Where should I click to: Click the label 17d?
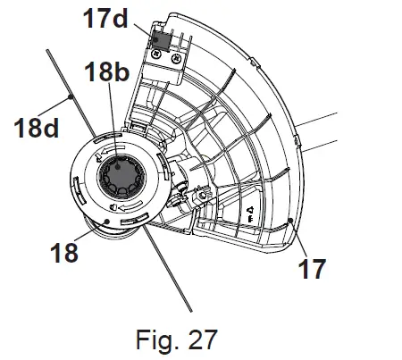point(105,18)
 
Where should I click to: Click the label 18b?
point(107,71)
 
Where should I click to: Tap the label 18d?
point(37,128)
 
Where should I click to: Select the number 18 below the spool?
point(64,253)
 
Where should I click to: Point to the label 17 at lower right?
point(312,269)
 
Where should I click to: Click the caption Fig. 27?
point(177,339)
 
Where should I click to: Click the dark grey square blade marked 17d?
point(161,40)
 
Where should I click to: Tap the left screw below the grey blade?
point(156,54)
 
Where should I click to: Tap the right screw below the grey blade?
point(176,59)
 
